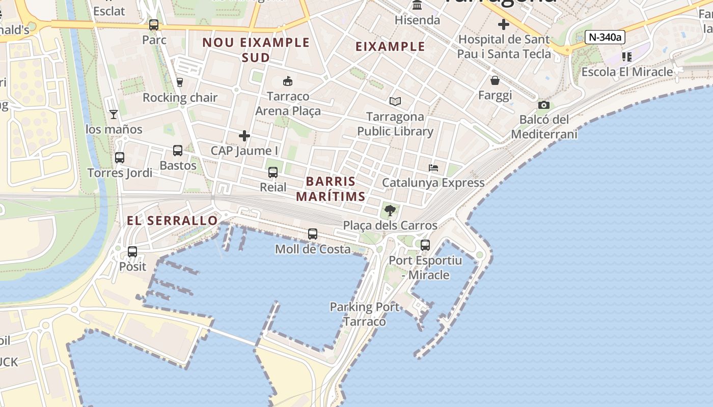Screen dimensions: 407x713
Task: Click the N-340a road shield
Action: pos(605,37)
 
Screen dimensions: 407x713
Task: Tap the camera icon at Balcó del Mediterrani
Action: pos(543,105)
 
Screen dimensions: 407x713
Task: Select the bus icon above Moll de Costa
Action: pos(313,234)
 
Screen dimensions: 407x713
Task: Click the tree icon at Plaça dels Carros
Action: pos(390,210)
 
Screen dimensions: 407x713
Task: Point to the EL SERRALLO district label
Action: pos(172,220)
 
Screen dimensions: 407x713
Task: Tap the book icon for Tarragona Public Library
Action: pos(395,101)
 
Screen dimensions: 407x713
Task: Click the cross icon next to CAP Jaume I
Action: pos(244,136)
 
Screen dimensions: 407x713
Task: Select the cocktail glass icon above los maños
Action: pos(114,114)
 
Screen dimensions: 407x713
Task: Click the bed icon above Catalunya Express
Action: pos(433,168)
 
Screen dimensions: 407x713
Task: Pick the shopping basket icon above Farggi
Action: pos(495,80)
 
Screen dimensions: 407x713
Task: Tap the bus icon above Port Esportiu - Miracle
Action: pos(425,245)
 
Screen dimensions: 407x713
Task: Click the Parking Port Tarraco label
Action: pos(365,314)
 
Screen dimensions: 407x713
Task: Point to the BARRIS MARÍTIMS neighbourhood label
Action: pos(331,189)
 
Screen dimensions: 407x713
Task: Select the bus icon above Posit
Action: pos(132,251)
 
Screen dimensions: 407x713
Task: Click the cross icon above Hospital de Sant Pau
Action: pos(504,24)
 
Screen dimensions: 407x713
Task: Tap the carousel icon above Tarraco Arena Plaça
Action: pos(288,81)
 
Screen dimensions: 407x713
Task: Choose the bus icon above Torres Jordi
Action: pos(120,158)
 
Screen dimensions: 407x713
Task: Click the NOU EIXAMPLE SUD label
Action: pos(256,49)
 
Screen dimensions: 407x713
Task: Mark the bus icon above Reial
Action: pos(273,172)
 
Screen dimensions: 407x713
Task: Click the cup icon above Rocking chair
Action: pos(179,82)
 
